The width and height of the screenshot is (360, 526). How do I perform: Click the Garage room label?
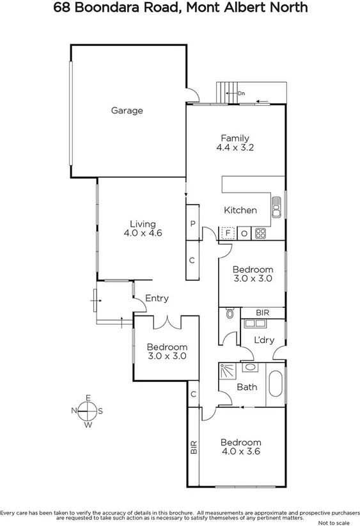(x=127, y=111)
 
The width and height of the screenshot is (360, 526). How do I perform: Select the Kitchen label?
(x=240, y=210)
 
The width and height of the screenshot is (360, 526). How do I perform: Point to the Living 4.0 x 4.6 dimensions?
(x=143, y=234)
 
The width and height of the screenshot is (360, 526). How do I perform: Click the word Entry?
(x=157, y=298)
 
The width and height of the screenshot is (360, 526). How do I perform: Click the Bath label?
(x=247, y=387)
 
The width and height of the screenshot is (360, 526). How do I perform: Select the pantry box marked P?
(x=192, y=224)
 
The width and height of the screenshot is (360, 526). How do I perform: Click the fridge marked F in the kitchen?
(x=227, y=234)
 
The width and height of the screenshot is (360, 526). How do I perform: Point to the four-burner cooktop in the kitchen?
(x=261, y=234)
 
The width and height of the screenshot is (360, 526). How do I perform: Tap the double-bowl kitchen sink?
(x=277, y=207)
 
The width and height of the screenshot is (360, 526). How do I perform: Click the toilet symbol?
(x=229, y=314)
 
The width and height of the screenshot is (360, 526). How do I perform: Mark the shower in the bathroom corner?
(x=226, y=371)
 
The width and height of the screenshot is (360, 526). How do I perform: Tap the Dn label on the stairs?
(x=241, y=93)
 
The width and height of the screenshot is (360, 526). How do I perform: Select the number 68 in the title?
(x=63, y=8)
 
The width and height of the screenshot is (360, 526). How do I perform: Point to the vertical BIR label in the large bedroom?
(x=193, y=447)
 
